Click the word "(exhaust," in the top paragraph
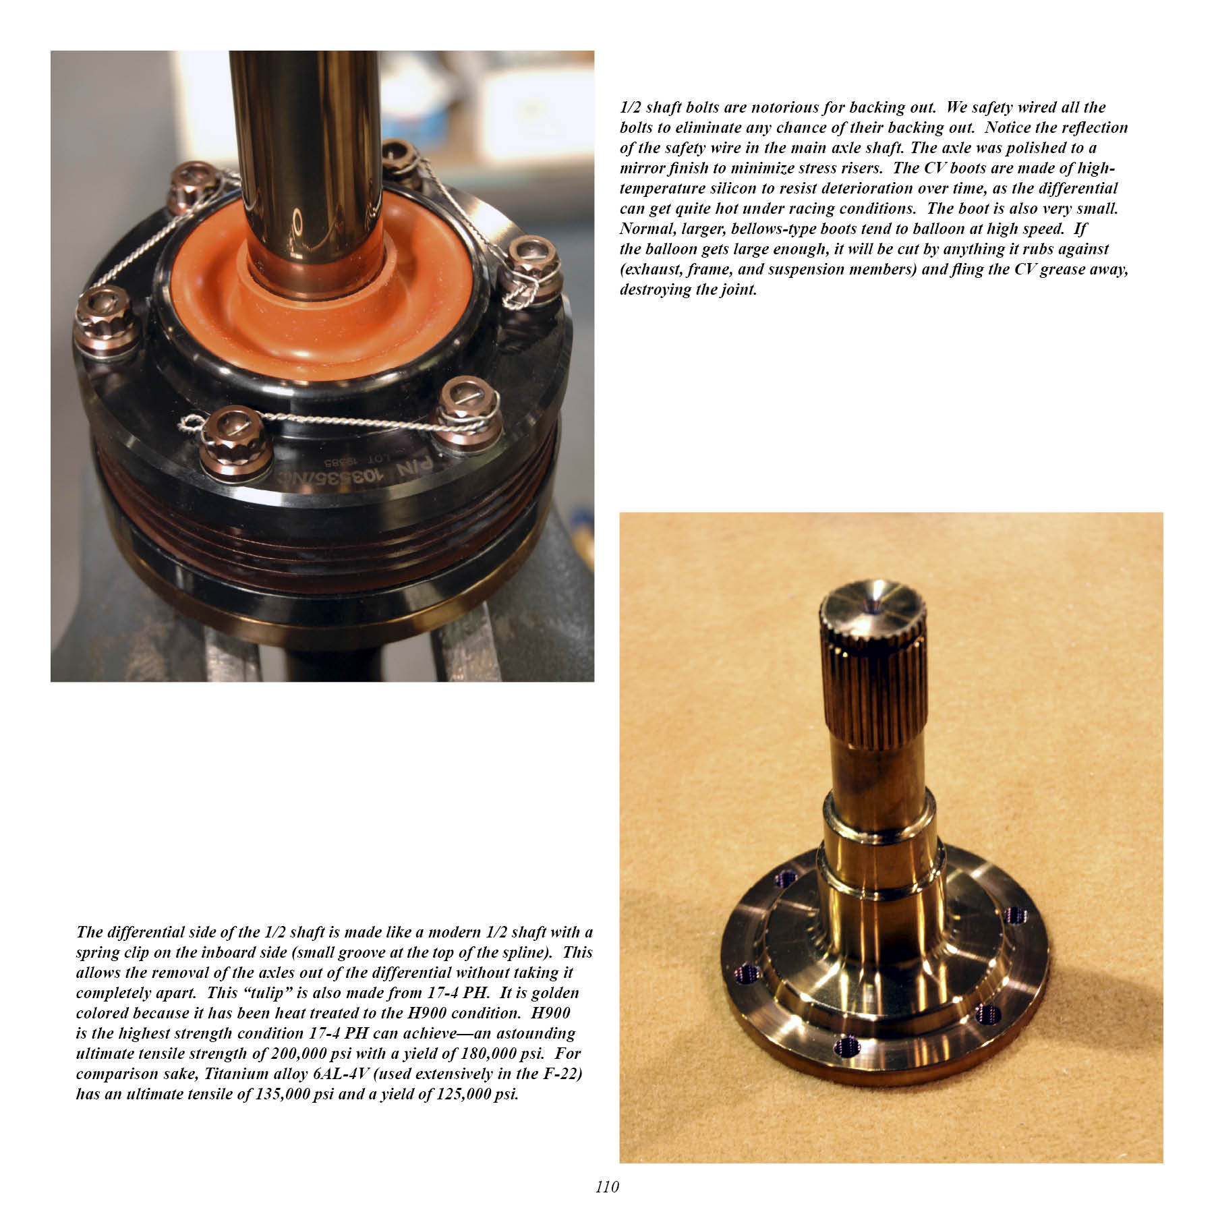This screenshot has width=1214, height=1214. tap(650, 269)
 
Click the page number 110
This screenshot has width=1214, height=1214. tap(607, 1186)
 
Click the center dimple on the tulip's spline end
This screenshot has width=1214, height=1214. tap(875, 606)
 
